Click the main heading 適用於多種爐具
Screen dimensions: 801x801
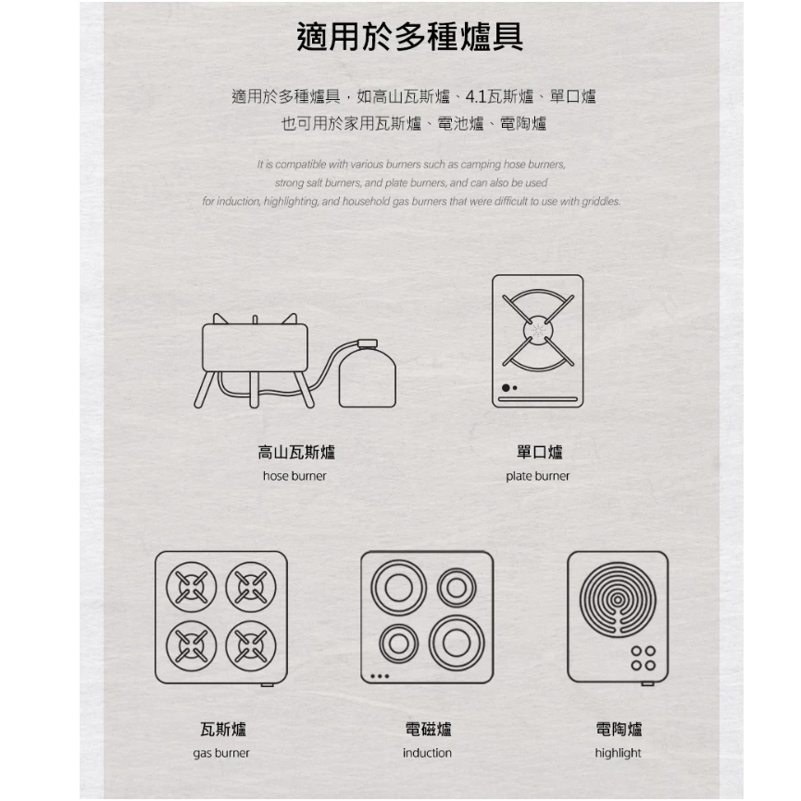(409, 37)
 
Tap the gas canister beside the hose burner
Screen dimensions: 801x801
(368, 376)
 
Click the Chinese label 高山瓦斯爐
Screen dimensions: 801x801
(295, 452)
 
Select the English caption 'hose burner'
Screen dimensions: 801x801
(294, 476)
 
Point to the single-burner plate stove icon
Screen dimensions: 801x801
(537, 340)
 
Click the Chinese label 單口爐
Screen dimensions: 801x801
(539, 452)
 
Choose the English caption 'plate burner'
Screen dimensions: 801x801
(538, 476)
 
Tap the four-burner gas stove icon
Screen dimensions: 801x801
(221, 617)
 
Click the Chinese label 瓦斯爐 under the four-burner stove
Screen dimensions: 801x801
(222, 730)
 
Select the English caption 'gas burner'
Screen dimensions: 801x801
(221, 753)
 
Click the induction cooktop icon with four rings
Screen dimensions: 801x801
(427, 617)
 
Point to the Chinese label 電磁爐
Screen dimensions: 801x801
(428, 730)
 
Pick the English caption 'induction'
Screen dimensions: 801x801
(427, 753)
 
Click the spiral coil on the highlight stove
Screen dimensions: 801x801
(618, 599)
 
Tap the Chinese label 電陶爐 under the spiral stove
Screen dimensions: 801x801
(619, 730)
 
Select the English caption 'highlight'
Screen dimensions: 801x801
(618, 753)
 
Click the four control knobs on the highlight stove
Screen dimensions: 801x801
(643, 657)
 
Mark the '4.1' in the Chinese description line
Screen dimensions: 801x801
(476, 96)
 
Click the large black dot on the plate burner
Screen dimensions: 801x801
(506, 387)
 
